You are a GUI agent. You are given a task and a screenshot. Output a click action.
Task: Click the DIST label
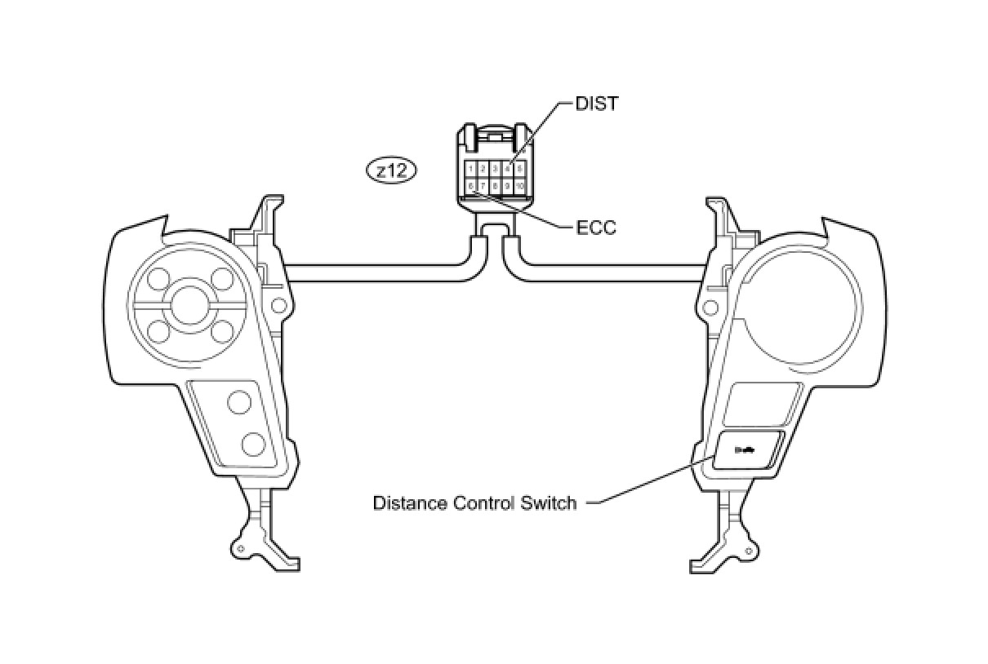(x=597, y=104)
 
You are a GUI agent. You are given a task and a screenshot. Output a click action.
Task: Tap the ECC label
(x=596, y=228)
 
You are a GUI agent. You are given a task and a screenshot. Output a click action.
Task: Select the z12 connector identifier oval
(x=392, y=170)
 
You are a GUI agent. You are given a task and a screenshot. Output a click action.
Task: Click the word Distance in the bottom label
(x=405, y=502)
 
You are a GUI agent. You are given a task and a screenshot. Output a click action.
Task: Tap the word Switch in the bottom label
(x=549, y=502)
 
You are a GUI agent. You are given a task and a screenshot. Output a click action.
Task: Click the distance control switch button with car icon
(x=748, y=449)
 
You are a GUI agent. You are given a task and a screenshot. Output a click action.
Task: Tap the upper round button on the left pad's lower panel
(x=239, y=402)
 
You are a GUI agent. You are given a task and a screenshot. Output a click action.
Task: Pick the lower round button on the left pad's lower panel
(x=253, y=445)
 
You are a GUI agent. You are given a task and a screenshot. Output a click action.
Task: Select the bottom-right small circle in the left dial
(x=222, y=331)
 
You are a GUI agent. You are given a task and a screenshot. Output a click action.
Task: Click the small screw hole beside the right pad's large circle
(x=710, y=308)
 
